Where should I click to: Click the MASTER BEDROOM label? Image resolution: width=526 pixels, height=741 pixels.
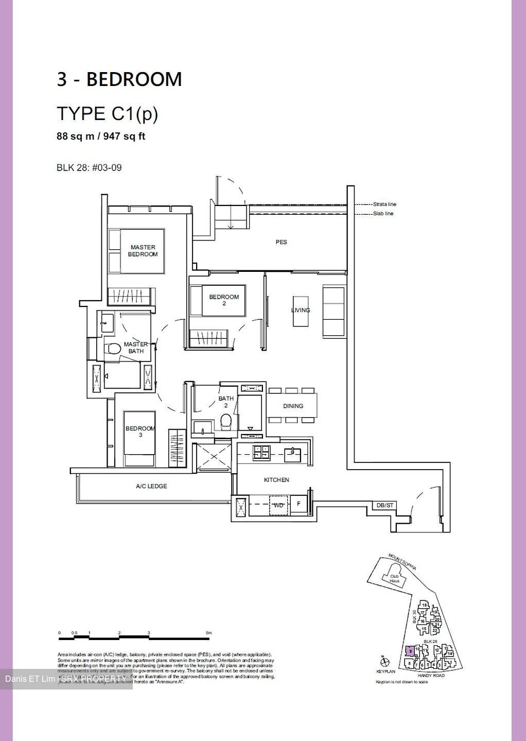coord(143,251)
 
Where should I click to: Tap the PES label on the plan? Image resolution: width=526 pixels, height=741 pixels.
coord(281,242)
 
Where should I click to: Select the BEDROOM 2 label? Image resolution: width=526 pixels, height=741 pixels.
coord(224,300)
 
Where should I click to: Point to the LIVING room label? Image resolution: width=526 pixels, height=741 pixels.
coord(301,310)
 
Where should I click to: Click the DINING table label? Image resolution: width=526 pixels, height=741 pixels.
coord(293,406)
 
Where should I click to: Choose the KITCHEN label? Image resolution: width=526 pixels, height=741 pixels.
coord(276,480)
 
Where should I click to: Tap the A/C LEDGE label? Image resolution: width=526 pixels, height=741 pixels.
coord(151,486)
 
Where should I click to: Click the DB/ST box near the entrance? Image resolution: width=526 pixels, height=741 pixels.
coord(384,506)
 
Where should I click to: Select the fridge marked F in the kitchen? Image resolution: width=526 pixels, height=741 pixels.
coord(299,504)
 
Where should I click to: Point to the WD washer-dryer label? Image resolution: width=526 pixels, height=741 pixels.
coord(278,505)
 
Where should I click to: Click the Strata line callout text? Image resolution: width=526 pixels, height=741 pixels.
coord(384,204)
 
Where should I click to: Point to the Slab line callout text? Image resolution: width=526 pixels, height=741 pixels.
coord(383,213)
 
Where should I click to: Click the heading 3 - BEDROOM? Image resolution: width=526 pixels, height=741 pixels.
coord(119,79)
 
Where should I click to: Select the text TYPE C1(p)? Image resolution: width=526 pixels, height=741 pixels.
coord(107,113)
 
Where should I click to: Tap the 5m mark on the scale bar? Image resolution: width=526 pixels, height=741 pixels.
coord(208,632)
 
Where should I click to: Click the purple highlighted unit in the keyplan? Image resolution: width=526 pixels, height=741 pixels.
coord(409,651)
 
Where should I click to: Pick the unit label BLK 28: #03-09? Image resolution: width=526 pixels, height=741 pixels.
coord(89,167)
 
